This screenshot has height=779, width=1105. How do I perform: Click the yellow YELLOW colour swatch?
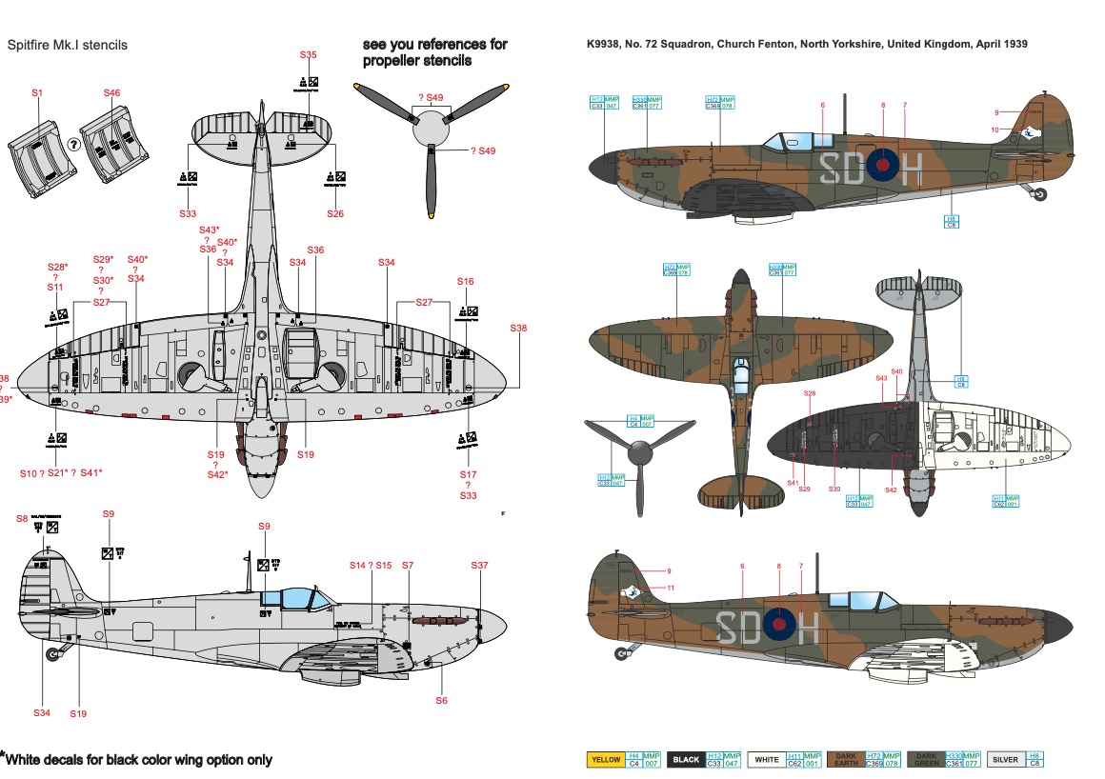(606, 760)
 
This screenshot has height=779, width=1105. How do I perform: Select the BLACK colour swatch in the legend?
(686, 760)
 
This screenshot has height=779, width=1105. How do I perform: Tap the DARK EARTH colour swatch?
(846, 760)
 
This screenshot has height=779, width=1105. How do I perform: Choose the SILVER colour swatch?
(1005, 760)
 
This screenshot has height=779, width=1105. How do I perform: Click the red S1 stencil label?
(38, 93)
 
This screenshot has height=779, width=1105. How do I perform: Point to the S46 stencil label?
(111, 93)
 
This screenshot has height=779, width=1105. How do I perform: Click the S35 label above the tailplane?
(308, 55)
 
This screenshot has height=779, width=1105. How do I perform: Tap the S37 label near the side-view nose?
(479, 566)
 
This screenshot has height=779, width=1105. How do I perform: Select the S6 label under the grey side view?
(441, 700)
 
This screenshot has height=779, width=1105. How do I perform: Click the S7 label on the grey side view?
(408, 566)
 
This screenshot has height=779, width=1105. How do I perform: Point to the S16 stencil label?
(465, 282)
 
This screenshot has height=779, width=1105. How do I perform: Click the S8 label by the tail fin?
(22, 518)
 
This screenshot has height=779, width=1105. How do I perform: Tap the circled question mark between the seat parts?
(73, 145)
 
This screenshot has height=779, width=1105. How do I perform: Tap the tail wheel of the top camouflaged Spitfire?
(1039, 194)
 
